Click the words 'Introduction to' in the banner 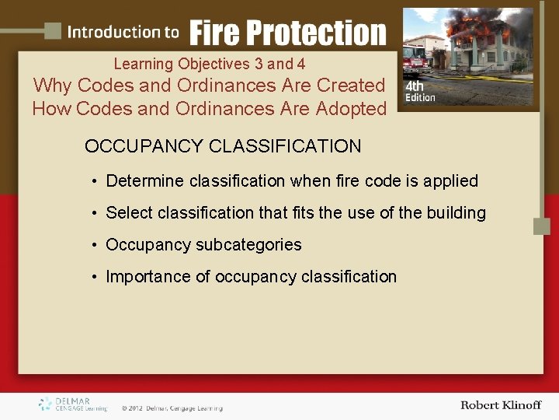[123, 32]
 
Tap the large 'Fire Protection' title [287, 33]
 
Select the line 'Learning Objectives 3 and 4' [209, 64]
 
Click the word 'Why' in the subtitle [52, 85]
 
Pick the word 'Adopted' [351, 109]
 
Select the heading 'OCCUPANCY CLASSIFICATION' [223, 146]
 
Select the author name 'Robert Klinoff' [500, 405]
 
